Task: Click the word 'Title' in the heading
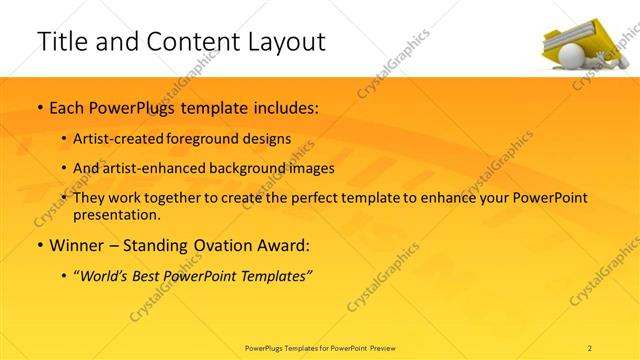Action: pyautogui.click(x=63, y=42)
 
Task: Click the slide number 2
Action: pyautogui.click(x=590, y=347)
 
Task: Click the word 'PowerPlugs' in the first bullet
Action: pyautogui.click(x=140, y=106)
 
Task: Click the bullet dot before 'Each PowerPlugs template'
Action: pyautogui.click(x=39, y=107)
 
